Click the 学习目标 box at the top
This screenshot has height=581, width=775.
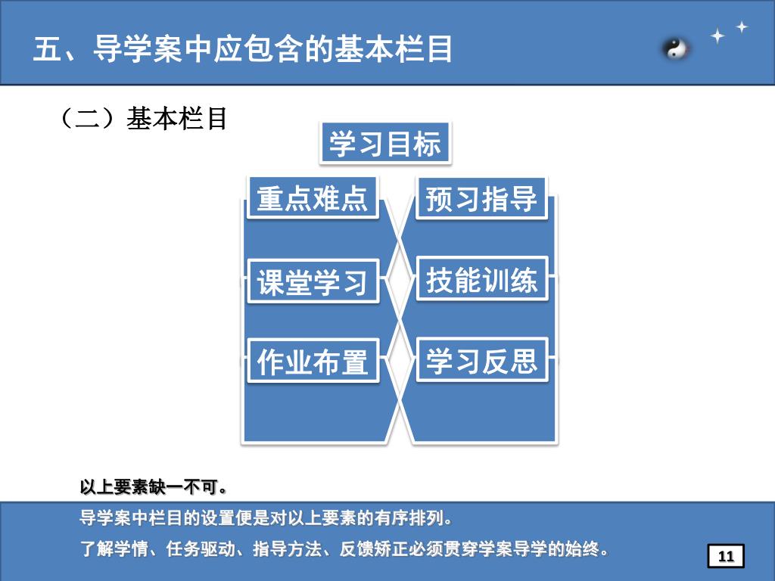[384, 143]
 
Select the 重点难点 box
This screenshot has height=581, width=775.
[313, 198]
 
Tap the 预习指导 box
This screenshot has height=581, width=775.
[481, 199]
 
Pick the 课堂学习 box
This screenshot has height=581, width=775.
[313, 281]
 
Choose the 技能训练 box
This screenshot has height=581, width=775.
[481, 280]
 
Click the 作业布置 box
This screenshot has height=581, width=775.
[313, 362]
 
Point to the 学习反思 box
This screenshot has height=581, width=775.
[481, 361]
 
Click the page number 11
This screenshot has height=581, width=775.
[726, 557]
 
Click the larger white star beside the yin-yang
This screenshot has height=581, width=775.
[717, 36]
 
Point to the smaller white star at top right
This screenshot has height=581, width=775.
[742, 26]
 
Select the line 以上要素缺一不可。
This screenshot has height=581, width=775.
[154, 486]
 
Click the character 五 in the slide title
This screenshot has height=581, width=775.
[47, 50]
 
